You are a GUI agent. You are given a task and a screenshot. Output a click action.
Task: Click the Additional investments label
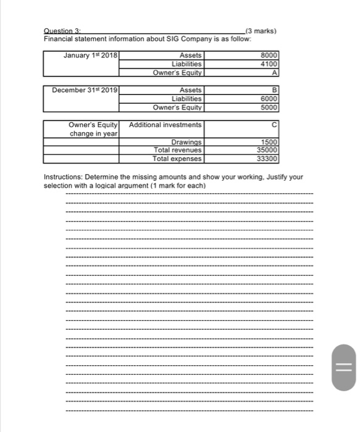click(x=165, y=125)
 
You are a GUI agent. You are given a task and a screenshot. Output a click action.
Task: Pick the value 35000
click(x=269, y=151)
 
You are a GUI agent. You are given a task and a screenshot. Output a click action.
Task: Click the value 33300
click(x=269, y=159)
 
